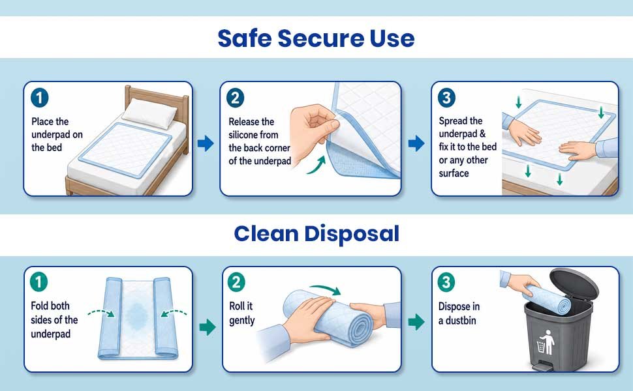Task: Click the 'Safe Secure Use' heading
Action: pyautogui.click(x=316, y=38)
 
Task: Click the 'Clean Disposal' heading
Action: pyautogui.click(x=316, y=233)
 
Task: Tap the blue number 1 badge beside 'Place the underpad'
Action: pyautogui.click(x=40, y=98)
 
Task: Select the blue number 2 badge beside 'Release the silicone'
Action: pyautogui.click(x=236, y=98)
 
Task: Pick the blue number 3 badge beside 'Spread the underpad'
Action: pyautogui.click(x=446, y=98)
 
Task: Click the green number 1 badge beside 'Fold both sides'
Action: pyautogui.click(x=39, y=282)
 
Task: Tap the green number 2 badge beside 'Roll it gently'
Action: pyautogui.click(x=237, y=282)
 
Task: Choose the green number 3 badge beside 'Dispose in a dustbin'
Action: pyautogui.click(x=446, y=282)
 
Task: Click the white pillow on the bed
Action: pyautogui.click(x=149, y=113)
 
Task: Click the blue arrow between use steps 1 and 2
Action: pyautogui.click(x=206, y=143)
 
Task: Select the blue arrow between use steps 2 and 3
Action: pyautogui.click(x=416, y=143)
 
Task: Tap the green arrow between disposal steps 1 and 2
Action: pyautogui.click(x=208, y=327)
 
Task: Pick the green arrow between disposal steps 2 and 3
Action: pyautogui.click(x=416, y=322)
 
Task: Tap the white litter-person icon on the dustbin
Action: pyautogui.click(x=546, y=343)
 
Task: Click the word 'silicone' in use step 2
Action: pyautogui.click(x=253, y=135)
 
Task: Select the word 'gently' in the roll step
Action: pyautogui.click(x=242, y=321)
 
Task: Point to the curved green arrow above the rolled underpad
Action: pyautogui.click(x=326, y=288)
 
